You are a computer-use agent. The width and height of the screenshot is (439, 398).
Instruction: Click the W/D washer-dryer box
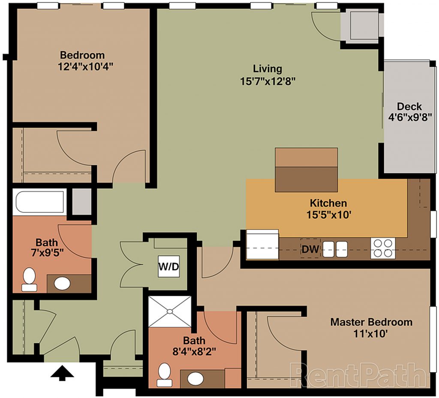[x=169, y=266]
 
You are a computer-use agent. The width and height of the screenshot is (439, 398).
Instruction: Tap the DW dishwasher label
[x=310, y=249]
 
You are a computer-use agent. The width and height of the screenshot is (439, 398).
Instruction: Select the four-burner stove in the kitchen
[x=383, y=248]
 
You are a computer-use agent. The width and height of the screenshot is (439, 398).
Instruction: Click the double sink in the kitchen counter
[x=335, y=249]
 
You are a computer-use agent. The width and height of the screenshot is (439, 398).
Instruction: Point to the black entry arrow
[x=62, y=373]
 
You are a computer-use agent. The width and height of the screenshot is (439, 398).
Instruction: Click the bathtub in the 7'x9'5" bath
[x=40, y=202]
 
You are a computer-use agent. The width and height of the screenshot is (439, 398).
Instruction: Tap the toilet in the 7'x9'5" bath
[x=29, y=280]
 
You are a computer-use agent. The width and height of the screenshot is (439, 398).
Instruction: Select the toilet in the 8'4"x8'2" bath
[x=164, y=375]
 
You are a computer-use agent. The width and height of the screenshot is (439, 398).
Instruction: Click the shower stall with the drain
[x=170, y=311]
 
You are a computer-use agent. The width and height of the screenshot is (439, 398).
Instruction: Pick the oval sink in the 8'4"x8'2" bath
[x=195, y=379]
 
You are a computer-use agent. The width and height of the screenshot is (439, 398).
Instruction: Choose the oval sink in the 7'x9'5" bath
[x=62, y=284]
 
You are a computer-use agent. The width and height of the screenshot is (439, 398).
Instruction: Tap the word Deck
[x=409, y=106]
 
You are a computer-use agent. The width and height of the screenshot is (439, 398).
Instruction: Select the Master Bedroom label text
[x=371, y=322]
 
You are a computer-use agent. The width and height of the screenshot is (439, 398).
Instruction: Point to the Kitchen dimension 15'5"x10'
[x=329, y=215]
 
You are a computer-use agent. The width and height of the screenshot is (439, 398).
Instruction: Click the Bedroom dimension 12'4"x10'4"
[x=86, y=66]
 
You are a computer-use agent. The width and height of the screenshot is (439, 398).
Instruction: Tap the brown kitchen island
[x=306, y=170]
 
